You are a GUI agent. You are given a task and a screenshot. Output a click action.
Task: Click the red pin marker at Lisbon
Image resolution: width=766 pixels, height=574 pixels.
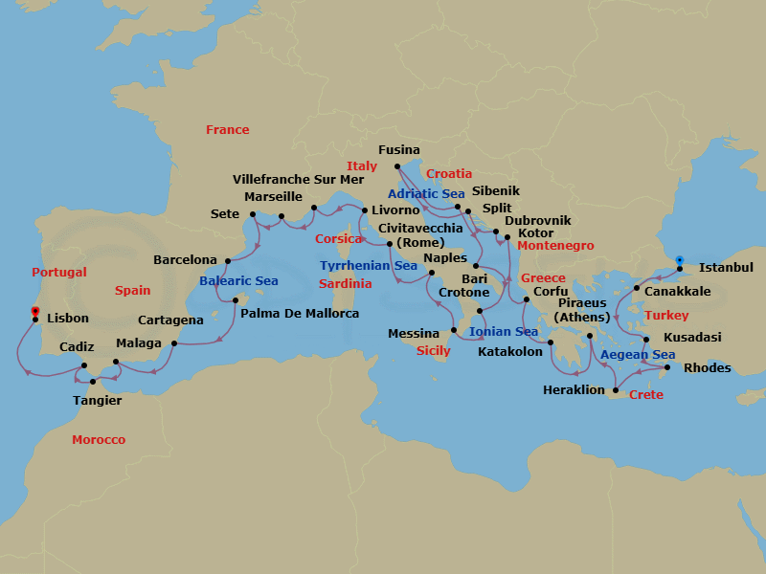34,312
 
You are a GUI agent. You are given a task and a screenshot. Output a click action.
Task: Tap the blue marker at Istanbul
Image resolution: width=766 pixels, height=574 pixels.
679,259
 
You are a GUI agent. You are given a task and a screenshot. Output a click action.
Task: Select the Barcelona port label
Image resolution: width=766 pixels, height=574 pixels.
186,260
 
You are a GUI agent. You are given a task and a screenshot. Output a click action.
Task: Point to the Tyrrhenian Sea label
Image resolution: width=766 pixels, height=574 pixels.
369,265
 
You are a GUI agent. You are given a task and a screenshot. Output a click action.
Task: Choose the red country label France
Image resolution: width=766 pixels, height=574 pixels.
227,130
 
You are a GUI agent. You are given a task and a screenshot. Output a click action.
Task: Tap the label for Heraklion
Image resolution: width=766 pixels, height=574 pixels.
574,389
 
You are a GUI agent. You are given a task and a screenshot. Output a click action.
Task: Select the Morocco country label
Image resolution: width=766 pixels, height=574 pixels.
99,440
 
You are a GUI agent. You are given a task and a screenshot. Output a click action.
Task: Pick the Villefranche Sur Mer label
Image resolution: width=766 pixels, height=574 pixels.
299,179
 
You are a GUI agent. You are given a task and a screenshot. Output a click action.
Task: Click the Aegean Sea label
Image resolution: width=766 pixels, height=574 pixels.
638,355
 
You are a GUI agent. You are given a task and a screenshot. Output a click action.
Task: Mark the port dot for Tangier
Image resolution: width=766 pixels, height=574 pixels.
93,382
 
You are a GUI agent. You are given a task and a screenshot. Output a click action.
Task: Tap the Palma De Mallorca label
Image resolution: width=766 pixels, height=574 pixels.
300,314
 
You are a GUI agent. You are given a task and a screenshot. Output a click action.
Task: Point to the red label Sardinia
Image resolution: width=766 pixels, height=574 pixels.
345,284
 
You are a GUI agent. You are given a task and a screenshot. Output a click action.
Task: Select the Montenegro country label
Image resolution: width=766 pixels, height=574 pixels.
555,246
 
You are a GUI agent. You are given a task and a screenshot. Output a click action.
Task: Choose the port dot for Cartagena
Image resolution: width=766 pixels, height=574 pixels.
174,342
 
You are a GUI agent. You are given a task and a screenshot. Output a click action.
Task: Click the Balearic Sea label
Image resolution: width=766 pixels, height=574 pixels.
238,281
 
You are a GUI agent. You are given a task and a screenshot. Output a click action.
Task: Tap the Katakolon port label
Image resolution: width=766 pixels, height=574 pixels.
509,351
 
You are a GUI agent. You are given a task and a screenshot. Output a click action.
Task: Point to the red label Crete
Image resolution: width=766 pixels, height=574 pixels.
646,394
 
